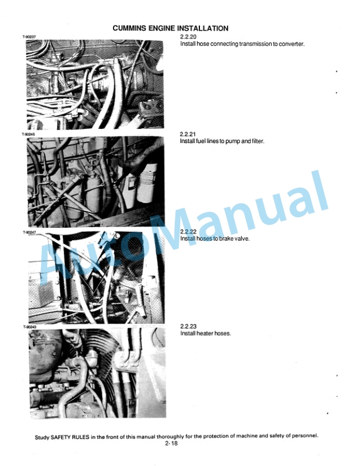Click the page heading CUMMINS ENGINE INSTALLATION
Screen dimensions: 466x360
tap(170, 28)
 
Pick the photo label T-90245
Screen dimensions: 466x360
tap(29, 134)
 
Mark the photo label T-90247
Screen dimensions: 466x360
tap(29, 232)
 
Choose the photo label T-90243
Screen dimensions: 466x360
tap(29, 327)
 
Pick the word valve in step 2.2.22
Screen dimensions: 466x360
tap(243, 239)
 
